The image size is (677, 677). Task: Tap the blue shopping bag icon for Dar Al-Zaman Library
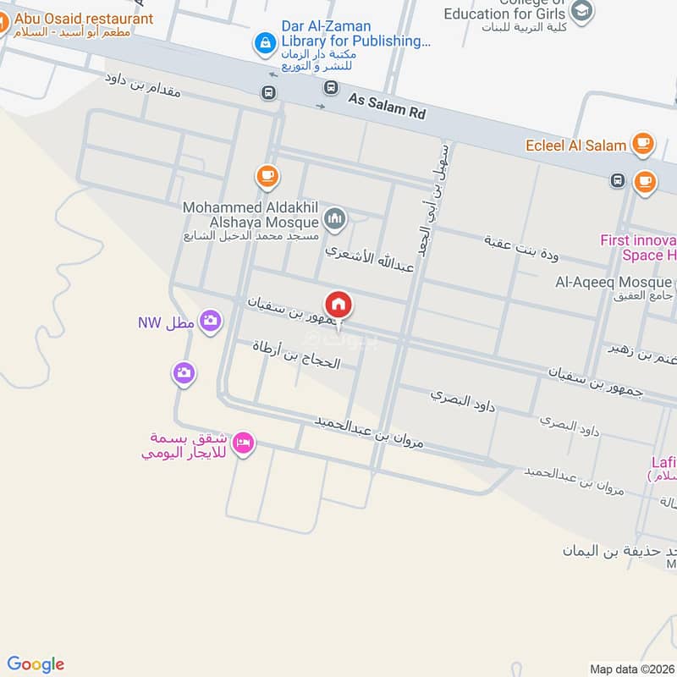tap(266, 41)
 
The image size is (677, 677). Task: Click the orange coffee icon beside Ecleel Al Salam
tap(643, 143)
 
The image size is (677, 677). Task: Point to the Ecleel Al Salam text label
tap(575, 145)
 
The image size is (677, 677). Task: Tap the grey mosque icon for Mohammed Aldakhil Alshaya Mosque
tap(335, 219)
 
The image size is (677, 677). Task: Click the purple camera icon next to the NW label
tap(212, 321)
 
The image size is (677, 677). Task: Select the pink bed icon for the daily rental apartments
tap(243, 443)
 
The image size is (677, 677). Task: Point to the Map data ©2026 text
tap(630, 669)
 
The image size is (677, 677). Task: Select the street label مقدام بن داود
tap(143, 86)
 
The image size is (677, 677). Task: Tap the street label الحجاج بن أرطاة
tap(296, 355)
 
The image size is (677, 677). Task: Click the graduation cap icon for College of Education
tap(581, 11)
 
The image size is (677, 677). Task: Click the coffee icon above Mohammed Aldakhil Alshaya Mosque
tap(267, 176)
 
